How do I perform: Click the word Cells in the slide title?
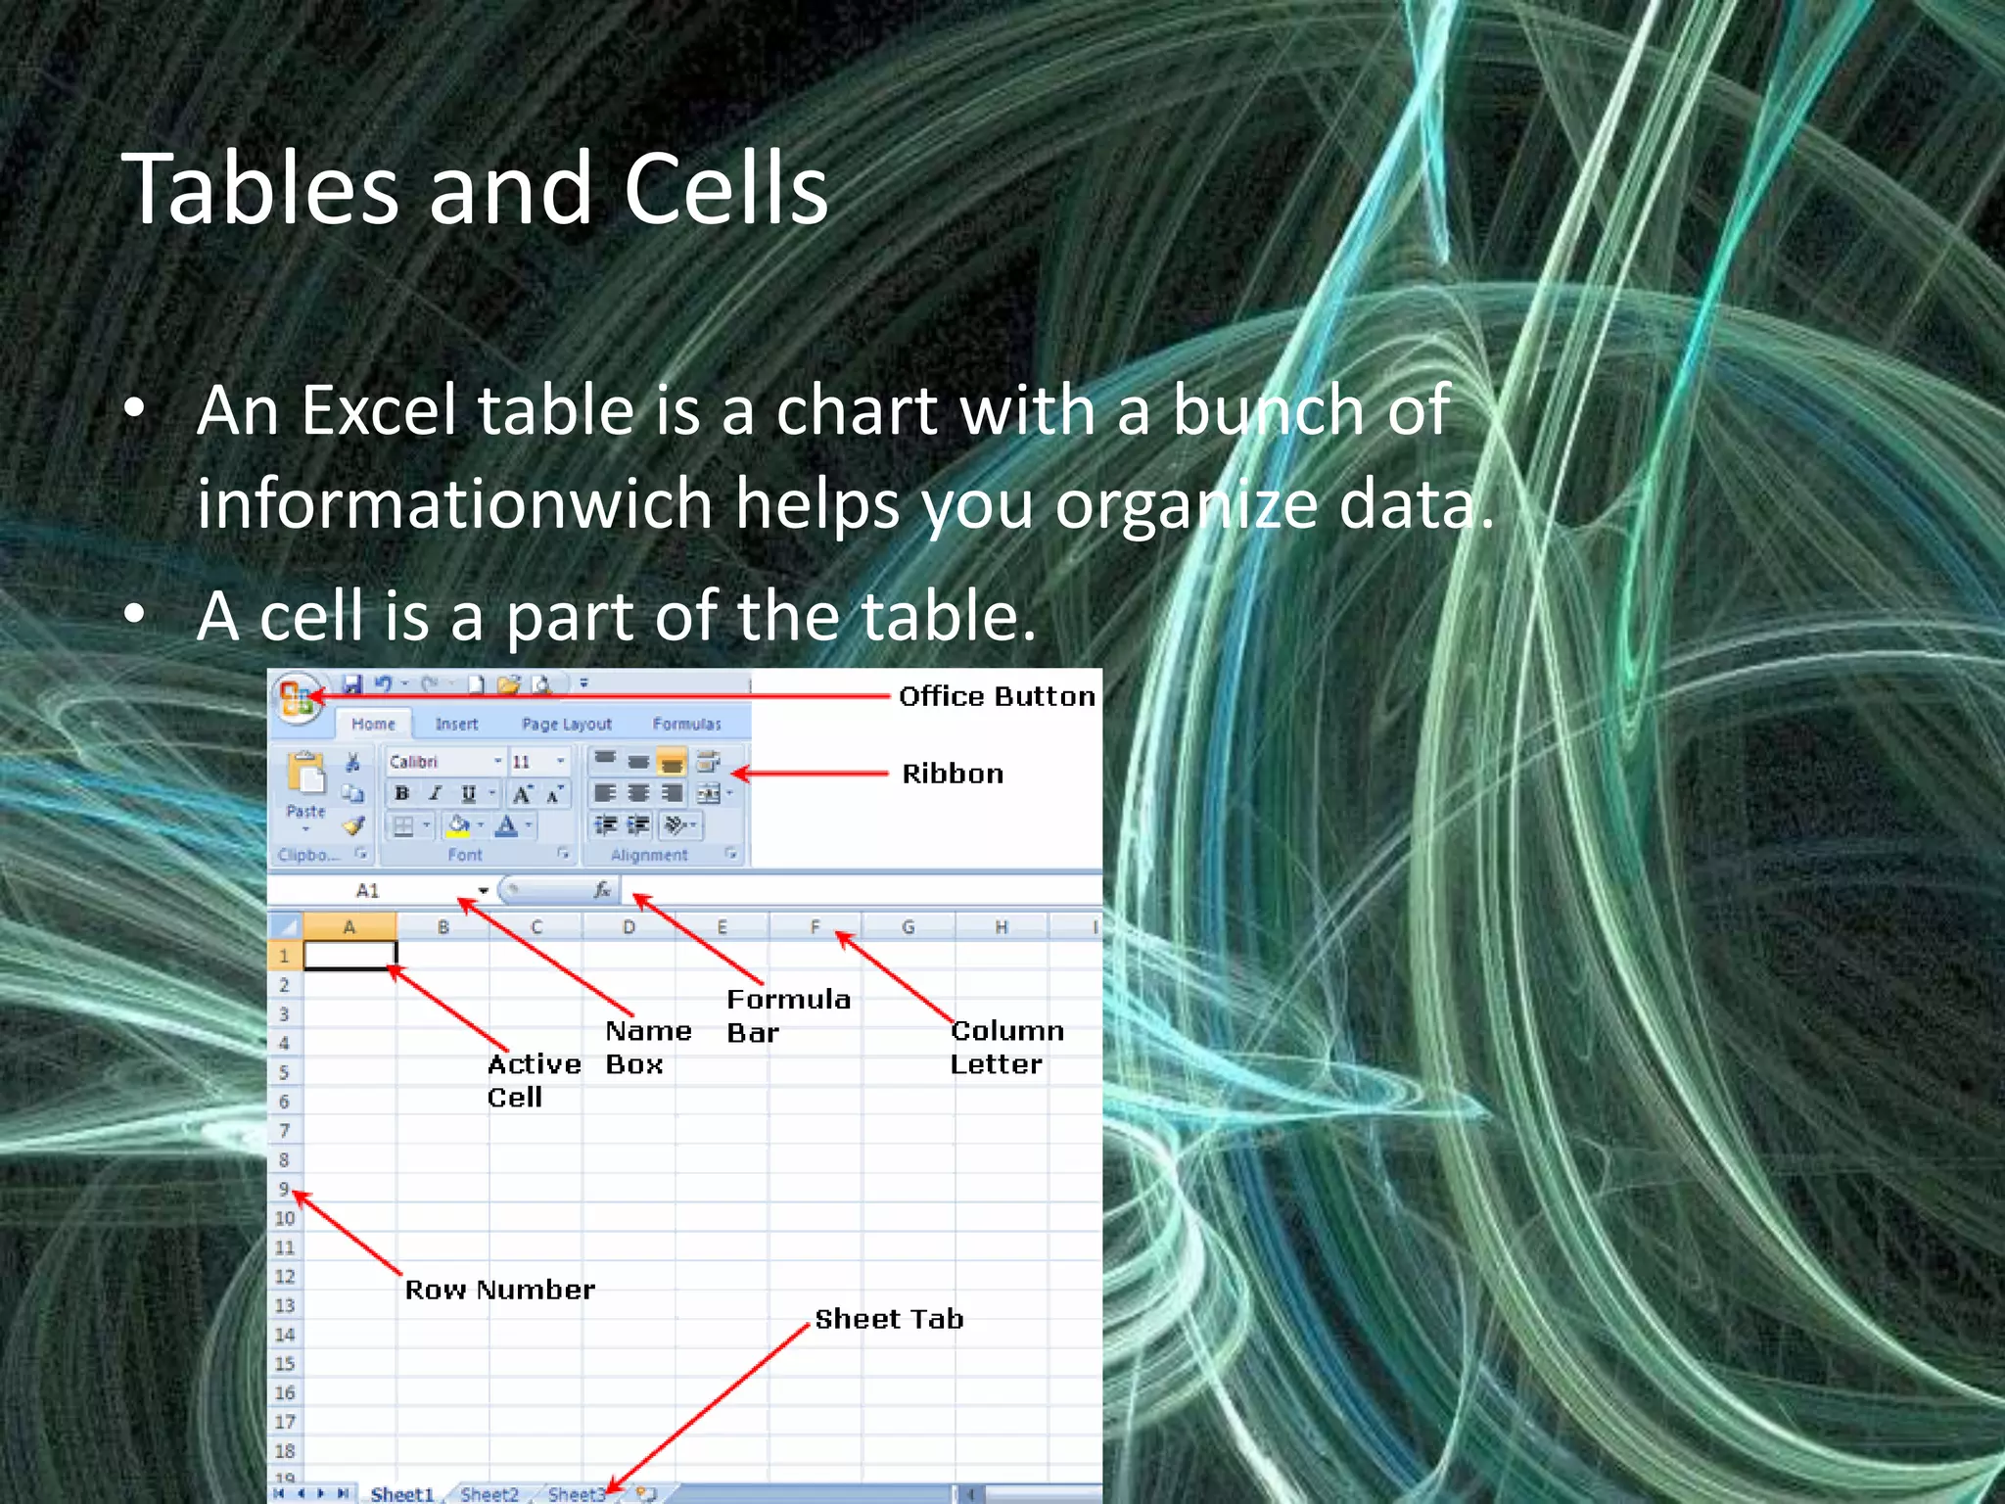725,189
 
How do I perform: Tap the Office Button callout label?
997,696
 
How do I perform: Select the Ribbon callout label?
953,774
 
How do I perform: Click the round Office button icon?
297,698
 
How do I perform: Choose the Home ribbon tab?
373,725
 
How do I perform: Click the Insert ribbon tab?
456,725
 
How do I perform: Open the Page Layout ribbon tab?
566,725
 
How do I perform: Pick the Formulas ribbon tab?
686,725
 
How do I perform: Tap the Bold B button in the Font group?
401,793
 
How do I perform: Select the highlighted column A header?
350,926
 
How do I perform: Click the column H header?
1002,926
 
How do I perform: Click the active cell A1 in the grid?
350,955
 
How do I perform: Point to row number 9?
284,1189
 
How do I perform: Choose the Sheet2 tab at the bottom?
489,1494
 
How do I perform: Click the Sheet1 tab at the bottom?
401,1494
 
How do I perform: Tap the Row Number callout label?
499,1290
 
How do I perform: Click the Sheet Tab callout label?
889,1319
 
